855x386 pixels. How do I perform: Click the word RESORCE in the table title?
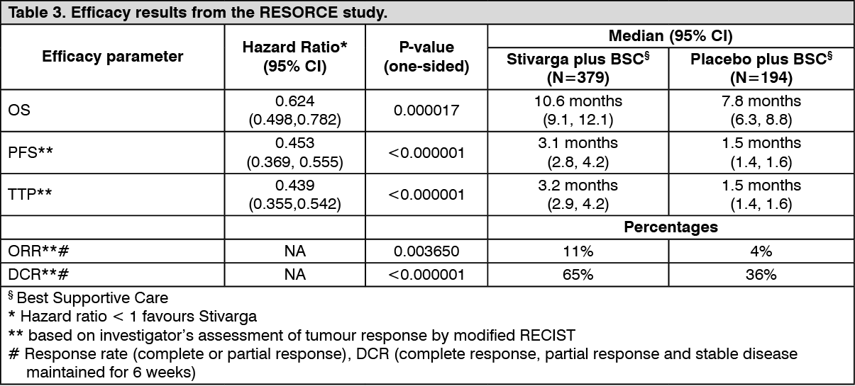pyautogui.click(x=299, y=13)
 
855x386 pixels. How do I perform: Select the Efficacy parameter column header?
pyautogui.click(x=113, y=57)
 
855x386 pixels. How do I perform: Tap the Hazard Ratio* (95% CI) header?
pyautogui.click(x=294, y=57)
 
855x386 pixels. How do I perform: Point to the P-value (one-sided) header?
pyautogui.click(x=426, y=57)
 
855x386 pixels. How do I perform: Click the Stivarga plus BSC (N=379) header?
pyautogui.click(x=578, y=68)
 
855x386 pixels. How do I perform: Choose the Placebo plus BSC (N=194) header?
pyautogui.click(x=761, y=68)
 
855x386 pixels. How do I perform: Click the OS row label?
pyautogui.click(x=19, y=110)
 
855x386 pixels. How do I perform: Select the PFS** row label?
pyautogui.click(x=31, y=152)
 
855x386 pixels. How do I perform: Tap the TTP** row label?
pyautogui.click(x=30, y=194)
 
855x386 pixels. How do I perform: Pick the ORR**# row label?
pyautogui.click(x=38, y=251)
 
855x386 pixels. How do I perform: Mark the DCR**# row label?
pyautogui.click(x=38, y=274)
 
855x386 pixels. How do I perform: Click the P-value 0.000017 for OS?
pyautogui.click(x=426, y=110)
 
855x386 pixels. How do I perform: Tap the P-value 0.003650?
pyautogui.click(x=426, y=251)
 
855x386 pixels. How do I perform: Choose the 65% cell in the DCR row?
pyautogui.click(x=578, y=275)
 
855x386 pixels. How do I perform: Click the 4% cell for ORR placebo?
pyautogui.click(x=761, y=251)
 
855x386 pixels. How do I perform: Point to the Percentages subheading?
pyautogui.click(x=671, y=227)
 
